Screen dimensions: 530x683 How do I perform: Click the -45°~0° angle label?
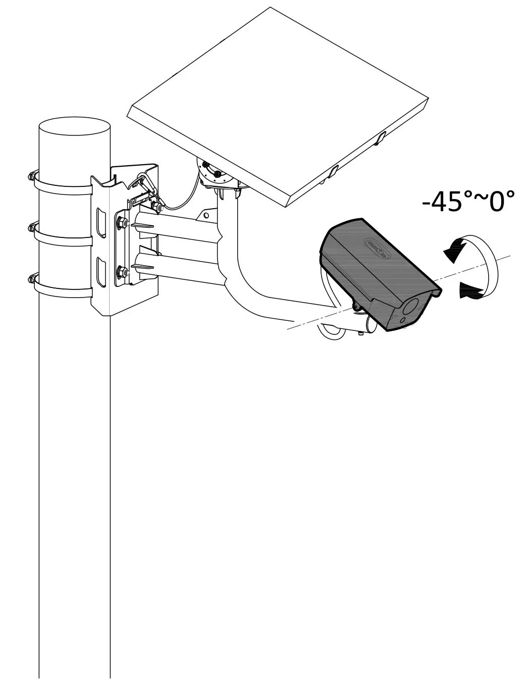(468, 201)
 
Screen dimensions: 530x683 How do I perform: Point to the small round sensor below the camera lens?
(403, 320)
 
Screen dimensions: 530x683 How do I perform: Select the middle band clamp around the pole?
(61, 236)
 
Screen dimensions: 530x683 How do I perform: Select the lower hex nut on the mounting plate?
(121, 273)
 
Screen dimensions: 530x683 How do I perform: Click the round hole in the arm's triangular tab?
(206, 215)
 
